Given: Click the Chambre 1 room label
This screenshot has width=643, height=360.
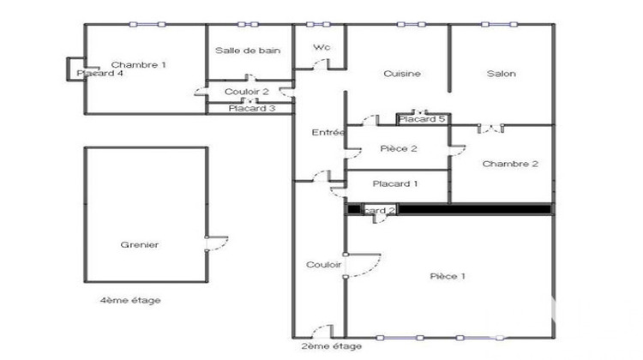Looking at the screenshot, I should [139, 65].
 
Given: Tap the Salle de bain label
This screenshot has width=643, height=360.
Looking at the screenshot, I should [248, 51].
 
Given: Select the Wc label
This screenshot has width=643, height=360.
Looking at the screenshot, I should [321, 47].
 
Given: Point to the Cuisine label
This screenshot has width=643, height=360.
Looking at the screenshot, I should [402, 74].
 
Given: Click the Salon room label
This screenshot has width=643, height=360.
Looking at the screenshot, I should [502, 74].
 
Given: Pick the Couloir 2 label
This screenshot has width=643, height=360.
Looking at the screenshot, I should [247, 92].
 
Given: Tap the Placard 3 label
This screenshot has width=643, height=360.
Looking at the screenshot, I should [251, 108].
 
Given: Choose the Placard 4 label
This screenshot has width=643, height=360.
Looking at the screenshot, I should [100, 74].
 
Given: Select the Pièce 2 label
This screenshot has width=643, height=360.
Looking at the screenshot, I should [398, 149].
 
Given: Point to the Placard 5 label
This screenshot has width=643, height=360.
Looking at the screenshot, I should [421, 119].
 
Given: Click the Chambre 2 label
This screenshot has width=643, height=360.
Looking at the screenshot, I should [510, 164].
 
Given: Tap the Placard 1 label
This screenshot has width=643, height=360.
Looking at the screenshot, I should [395, 183].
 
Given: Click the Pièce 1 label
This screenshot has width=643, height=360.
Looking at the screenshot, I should [447, 276].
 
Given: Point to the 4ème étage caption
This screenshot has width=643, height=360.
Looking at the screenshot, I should [130, 301].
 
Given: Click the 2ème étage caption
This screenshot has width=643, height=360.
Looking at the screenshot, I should [331, 346].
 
